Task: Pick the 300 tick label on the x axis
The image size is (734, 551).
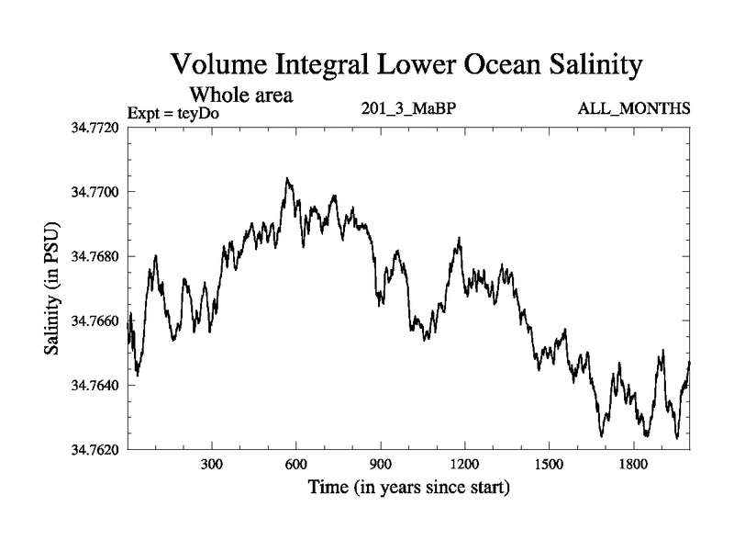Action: pos(212,465)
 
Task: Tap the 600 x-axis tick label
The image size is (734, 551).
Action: pos(296,465)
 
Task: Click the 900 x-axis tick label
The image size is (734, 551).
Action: pos(381,465)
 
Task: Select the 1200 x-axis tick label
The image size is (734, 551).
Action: pos(465,465)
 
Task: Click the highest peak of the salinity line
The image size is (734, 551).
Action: pos(287,178)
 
